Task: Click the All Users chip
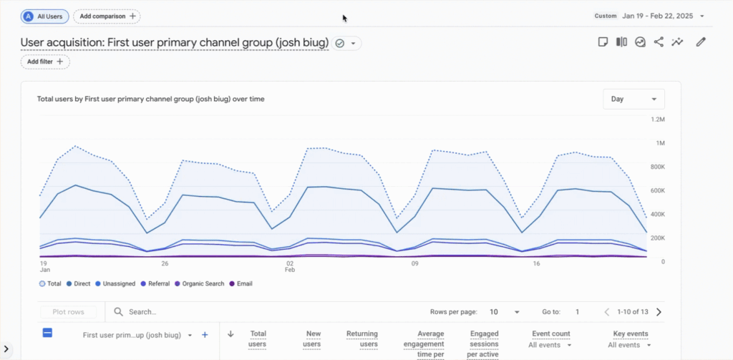44,16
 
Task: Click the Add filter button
45,62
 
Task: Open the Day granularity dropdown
634,99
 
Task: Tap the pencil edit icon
701,42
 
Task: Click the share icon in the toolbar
659,42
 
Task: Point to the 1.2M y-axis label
657,120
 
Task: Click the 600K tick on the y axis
657,190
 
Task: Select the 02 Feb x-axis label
290,267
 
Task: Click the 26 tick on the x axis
165,263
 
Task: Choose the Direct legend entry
78,283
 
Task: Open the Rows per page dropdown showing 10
505,312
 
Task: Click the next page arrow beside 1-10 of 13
659,312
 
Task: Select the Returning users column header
361,339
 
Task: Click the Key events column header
630,334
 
